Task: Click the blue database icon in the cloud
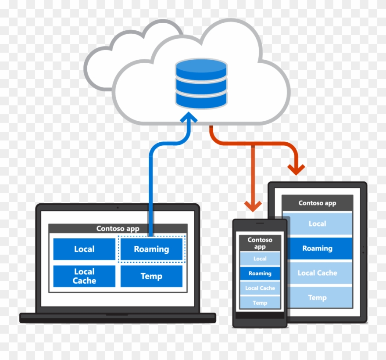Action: point(201,83)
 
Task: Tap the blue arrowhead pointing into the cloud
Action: point(189,118)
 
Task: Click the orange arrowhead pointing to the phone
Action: point(253,205)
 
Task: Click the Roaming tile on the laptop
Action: point(151,249)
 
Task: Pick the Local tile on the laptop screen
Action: point(84,249)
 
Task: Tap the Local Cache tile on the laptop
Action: point(84,276)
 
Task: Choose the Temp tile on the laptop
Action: point(151,276)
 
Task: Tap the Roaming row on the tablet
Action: point(317,248)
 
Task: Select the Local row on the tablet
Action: point(317,223)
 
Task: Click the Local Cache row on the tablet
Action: point(317,273)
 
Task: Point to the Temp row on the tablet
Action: point(317,297)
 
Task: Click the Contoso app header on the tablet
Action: point(317,203)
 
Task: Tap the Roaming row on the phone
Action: point(260,273)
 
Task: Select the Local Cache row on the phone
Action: point(260,288)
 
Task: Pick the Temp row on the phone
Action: point(260,302)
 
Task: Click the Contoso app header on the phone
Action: point(260,243)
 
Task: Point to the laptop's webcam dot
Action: point(118,207)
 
